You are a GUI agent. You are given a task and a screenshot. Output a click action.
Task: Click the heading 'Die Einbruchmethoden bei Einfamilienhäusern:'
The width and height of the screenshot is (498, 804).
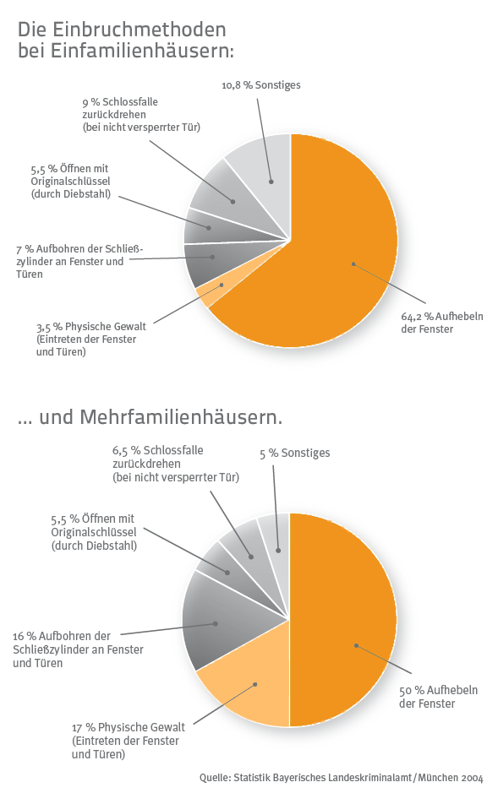(126, 40)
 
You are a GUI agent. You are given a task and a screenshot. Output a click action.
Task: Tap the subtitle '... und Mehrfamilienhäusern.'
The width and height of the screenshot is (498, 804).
(150, 417)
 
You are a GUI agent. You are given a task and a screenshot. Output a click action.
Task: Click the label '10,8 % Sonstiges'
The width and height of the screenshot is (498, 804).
(260, 85)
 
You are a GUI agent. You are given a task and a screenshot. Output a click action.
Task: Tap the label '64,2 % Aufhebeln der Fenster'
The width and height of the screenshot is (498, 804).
(442, 323)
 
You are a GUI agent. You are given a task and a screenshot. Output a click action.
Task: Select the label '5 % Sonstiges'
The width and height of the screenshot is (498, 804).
(295, 454)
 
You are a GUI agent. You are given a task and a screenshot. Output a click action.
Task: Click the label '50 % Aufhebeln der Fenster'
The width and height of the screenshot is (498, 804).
(439, 697)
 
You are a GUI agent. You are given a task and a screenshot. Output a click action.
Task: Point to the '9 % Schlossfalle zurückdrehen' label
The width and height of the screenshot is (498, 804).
(141, 114)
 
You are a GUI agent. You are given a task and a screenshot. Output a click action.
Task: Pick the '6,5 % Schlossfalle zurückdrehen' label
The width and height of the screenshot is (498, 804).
(176, 464)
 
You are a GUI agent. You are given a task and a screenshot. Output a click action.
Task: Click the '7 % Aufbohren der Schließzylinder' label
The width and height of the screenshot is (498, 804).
(79, 262)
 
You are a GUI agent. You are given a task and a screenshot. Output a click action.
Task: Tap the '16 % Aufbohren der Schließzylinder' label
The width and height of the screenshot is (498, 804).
(78, 649)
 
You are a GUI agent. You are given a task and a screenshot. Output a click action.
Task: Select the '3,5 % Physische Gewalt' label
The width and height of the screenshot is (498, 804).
(90, 339)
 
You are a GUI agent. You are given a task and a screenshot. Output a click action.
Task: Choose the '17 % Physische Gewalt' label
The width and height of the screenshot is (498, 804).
(129, 741)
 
